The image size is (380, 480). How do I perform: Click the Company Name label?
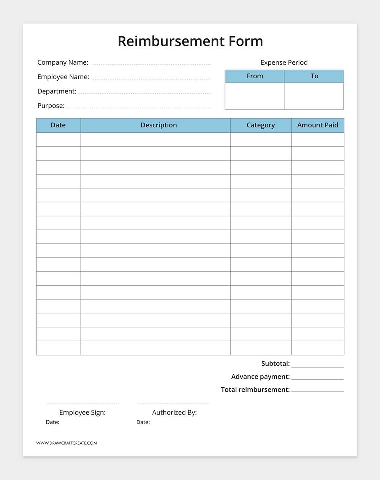[x=63, y=62]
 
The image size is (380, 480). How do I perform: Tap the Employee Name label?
[x=63, y=77]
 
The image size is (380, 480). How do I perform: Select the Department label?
[x=57, y=91]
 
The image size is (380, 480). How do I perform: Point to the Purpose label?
[x=51, y=106]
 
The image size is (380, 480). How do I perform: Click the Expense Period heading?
[x=284, y=62]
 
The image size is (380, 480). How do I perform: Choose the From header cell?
[x=255, y=76]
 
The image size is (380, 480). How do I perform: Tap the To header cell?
[x=314, y=76]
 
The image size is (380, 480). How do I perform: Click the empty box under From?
[x=255, y=96]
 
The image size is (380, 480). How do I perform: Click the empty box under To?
[x=314, y=96]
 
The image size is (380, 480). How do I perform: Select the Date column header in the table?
[x=58, y=125]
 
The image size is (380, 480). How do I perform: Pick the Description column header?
[x=159, y=125]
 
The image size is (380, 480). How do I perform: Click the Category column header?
[x=261, y=125]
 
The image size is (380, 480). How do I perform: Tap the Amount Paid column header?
[x=318, y=125]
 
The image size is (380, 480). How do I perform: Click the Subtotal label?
[x=275, y=364]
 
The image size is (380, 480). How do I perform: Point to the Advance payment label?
[x=260, y=377]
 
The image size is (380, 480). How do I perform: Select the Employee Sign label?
[x=82, y=412]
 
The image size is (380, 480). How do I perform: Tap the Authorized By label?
[x=174, y=412]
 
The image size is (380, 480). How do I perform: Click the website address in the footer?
[x=66, y=443]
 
